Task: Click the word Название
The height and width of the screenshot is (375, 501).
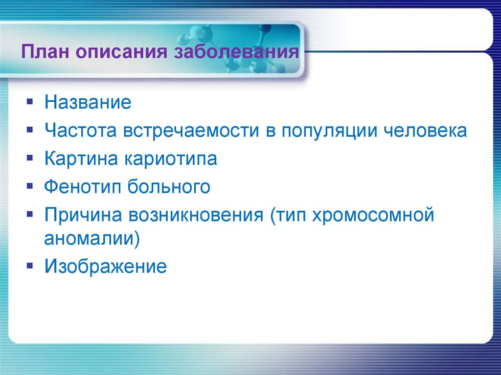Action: pos(88,103)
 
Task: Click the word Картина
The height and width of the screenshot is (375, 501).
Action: pos(80,159)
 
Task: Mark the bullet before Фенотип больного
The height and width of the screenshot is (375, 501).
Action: pos(30,187)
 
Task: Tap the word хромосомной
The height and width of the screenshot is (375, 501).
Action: pos(372,215)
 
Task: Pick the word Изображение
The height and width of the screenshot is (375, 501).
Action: pos(106,267)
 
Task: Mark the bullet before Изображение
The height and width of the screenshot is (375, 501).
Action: pos(30,266)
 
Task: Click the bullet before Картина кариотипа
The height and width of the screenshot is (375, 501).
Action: pos(30,159)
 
